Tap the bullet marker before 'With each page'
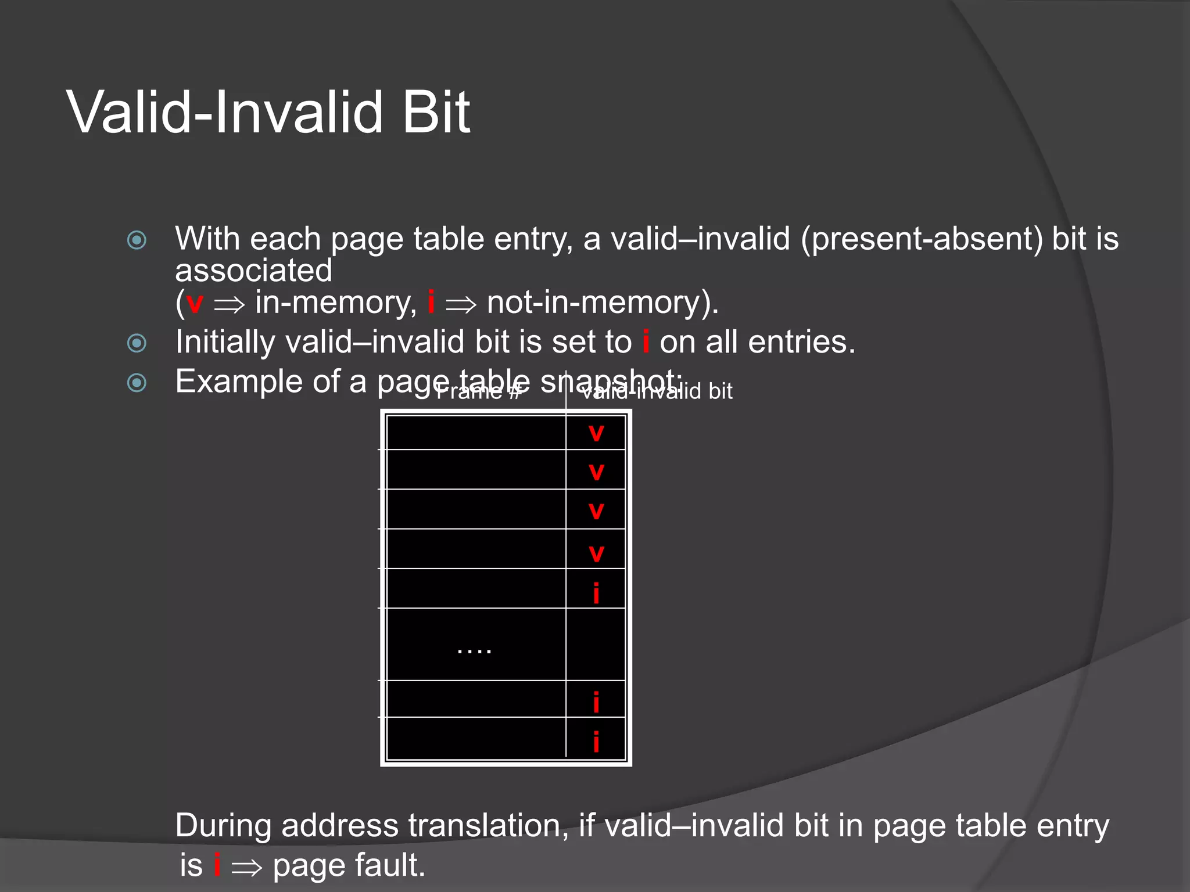[x=137, y=240]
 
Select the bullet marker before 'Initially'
[x=137, y=343]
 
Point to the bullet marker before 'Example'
[x=137, y=382]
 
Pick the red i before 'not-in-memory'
[x=431, y=301]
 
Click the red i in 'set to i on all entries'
[x=646, y=341]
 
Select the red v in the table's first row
[x=596, y=433]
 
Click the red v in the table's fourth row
[x=596, y=553]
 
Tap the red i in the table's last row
[x=596, y=742]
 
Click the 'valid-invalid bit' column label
[x=657, y=391]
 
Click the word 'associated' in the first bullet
[x=254, y=271]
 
